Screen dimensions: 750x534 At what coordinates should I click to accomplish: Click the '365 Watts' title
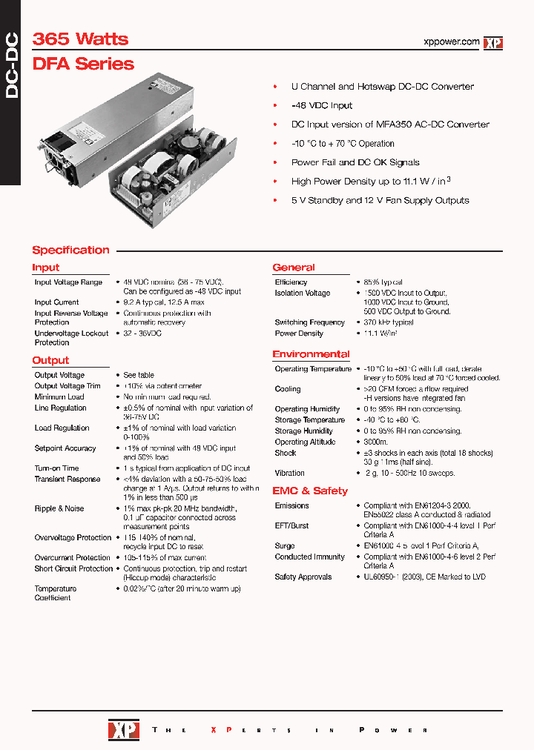[x=80, y=39]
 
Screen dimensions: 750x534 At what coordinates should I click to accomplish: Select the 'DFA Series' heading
[x=83, y=64]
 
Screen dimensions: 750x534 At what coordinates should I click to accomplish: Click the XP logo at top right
[x=493, y=43]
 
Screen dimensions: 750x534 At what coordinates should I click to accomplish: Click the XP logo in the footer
[x=123, y=730]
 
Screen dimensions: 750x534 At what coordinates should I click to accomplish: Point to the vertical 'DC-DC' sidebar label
[x=11, y=67]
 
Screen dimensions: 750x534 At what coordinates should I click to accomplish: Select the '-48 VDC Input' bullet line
[x=322, y=105]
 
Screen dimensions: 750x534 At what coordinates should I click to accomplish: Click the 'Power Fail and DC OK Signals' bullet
[x=355, y=162]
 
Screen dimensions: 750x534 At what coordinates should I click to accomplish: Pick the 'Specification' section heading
[x=70, y=250]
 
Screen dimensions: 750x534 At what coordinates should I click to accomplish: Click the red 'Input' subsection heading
[x=45, y=268]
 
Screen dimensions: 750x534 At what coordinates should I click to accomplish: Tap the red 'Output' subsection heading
[x=50, y=360]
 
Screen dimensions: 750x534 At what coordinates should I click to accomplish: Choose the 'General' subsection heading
[x=293, y=268]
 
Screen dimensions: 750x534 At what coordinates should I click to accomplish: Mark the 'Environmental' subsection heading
[x=311, y=354]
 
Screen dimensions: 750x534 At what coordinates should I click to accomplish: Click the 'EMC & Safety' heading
[x=309, y=491]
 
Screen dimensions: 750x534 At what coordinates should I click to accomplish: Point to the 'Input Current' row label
[x=56, y=302]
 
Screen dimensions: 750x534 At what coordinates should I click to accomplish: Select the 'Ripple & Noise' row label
[x=59, y=508]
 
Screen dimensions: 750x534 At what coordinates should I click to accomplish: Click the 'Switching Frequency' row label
[x=309, y=322]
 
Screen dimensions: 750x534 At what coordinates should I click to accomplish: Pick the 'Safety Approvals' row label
[x=303, y=577]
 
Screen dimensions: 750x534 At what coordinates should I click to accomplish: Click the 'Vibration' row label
[x=289, y=473]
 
